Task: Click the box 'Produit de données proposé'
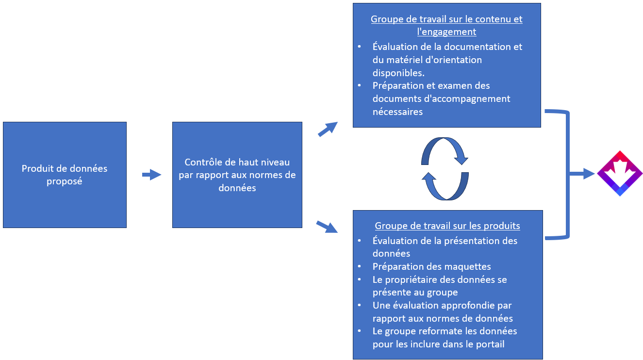click(65, 175)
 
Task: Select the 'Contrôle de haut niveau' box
click(237, 175)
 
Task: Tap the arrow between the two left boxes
click(151, 175)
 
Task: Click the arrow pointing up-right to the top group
click(328, 129)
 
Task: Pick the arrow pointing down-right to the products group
click(327, 227)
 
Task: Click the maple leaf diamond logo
click(620, 173)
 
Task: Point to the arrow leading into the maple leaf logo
click(582, 174)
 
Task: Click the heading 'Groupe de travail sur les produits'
click(447, 226)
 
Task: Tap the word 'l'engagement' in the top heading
click(446, 32)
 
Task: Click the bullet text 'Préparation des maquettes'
click(432, 266)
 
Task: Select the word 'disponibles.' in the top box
click(398, 73)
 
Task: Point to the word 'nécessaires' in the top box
click(397, 112)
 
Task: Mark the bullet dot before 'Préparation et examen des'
click(360, 85)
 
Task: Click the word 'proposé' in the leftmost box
click(65, 181)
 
